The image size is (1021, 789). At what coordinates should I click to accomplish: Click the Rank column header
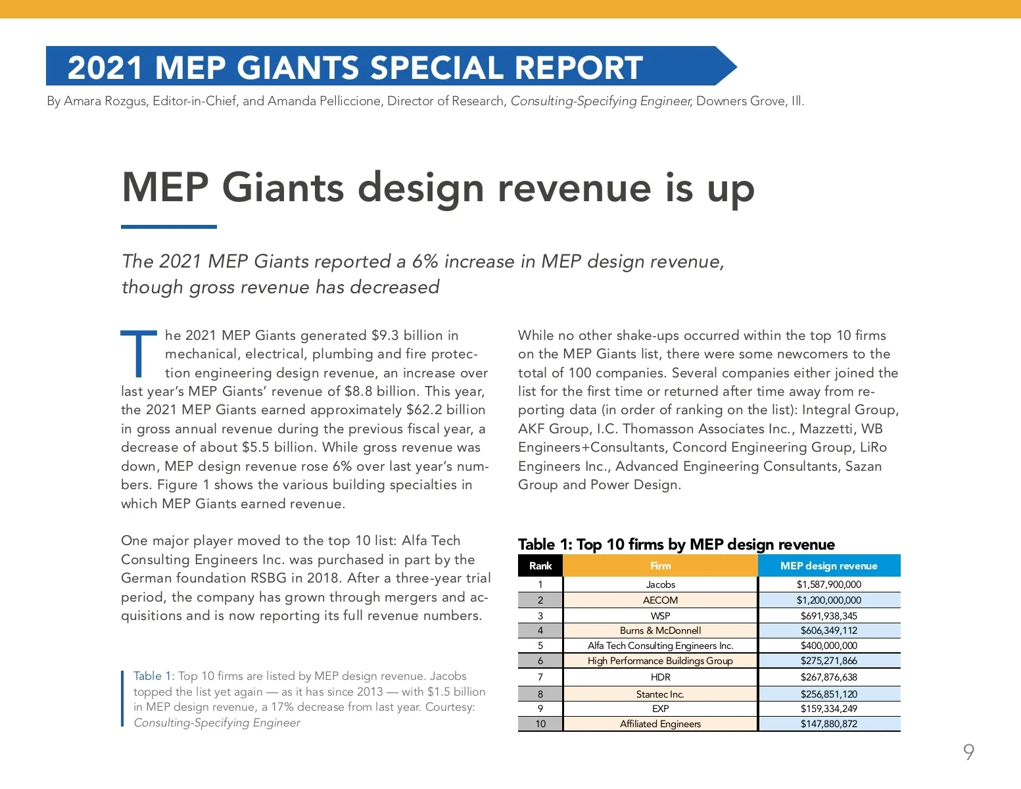click(540, 565)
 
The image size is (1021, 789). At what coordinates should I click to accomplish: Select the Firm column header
click(660, 565)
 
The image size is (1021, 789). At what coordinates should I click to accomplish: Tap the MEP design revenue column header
click(828, 565)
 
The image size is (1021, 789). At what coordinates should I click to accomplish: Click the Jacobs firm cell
click(660, 585)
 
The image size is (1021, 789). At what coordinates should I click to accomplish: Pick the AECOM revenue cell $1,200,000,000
click(828, 600)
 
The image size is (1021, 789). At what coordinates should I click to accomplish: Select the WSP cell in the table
click(660, 616)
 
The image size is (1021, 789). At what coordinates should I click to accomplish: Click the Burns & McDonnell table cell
click(660, 631)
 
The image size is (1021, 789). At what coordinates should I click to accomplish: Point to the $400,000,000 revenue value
click(828, 646)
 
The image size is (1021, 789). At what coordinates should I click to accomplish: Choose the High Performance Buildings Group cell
click(660, 661)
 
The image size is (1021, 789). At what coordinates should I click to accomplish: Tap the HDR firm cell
click(660, 677)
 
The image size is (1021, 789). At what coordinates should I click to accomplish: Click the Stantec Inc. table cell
click(660, 694)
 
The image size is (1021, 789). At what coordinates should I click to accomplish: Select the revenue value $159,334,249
click(828, 709)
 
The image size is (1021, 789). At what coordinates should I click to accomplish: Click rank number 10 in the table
click(540, 724)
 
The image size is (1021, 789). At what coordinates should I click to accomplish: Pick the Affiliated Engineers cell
click(660, 724)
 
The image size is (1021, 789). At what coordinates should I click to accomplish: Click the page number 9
click(968, 752)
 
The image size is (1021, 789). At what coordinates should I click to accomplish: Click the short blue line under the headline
click(169, 227)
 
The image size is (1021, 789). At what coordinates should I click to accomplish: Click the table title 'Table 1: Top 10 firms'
click(676, 544)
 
